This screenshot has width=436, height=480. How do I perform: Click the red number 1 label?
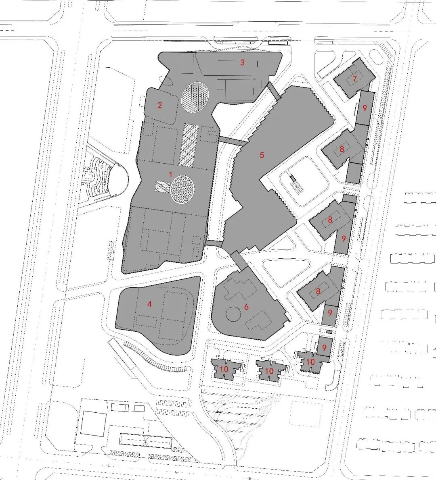(x=170, y=175)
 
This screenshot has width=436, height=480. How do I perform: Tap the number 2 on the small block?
(x=160, y=105)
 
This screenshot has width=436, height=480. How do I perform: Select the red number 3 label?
(x=243, y=63)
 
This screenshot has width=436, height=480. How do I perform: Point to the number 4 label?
(x=149, y=303)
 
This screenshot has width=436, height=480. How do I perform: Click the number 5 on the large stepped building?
(x=262, y=155)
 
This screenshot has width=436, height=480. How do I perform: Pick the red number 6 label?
(x=247, y=307)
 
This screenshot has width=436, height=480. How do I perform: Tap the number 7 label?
(x=355, y=78)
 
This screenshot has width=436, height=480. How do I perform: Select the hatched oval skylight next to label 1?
(x=182, y=189)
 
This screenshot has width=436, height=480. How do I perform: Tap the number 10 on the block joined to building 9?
(x=310, y=362)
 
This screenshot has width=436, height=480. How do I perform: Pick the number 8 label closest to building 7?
(x=342, y=150)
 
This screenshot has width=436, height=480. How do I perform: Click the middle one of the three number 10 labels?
(x=269, y=371)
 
